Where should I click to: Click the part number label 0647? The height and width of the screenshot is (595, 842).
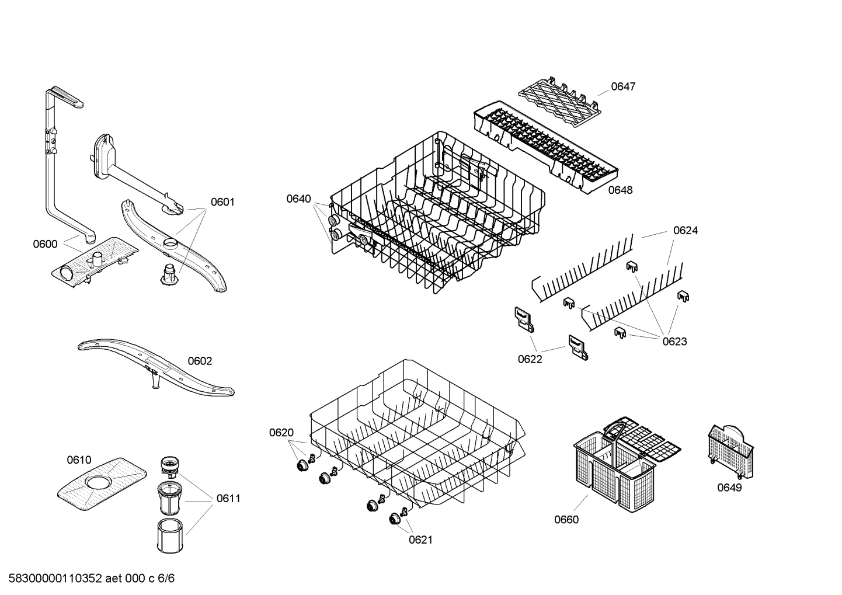[x=623, y=86]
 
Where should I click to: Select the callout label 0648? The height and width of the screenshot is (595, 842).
[x=620, y=190]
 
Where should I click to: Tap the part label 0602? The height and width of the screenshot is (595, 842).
[x=200, y=361]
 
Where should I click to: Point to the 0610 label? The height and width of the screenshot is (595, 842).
[x=79, y=460]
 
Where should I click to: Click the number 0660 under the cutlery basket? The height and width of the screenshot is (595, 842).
[x=566, y=519]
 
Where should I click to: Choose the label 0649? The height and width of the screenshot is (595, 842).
[x=729, y=488]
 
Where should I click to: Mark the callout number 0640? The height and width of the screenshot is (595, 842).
[x=298, y=199]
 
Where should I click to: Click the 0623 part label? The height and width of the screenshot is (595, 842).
[x=674, y=342]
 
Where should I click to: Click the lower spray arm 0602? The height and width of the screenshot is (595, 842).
[x=155, y=368]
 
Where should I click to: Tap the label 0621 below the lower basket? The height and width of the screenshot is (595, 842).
[x=420, y=540]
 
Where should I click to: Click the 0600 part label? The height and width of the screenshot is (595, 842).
[x=45, y=244]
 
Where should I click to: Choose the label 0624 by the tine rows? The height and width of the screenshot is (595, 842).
[x=686, y=230]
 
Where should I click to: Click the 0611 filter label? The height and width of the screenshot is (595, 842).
[x=228, y=498]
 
